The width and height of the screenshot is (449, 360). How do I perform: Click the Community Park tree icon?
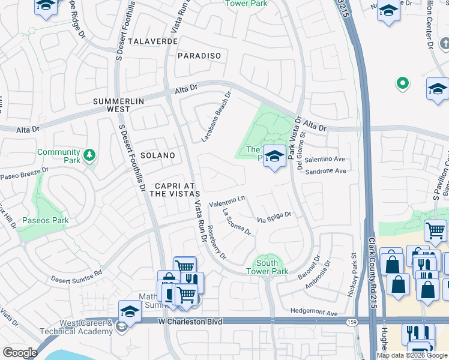pyautogui.click(x=89, y=156)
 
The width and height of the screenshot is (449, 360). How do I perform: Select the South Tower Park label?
pyautogui.click(x=267, y=267)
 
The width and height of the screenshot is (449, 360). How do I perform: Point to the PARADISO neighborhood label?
pyautogui.click(x=199, y=56)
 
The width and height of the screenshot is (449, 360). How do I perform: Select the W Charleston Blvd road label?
pyautogui.click(x=190, y=322)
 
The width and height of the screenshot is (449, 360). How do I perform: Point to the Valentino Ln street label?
pyautogui.click(x=228, y=200)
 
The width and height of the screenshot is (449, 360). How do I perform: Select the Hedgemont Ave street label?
pyautogui.click(x=314, y=313)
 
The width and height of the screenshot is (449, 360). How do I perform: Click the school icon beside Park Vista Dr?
pyautogui.click(x=274, y=156)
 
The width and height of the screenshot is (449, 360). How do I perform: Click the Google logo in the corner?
pyautogui.click(x=20, y=353)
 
